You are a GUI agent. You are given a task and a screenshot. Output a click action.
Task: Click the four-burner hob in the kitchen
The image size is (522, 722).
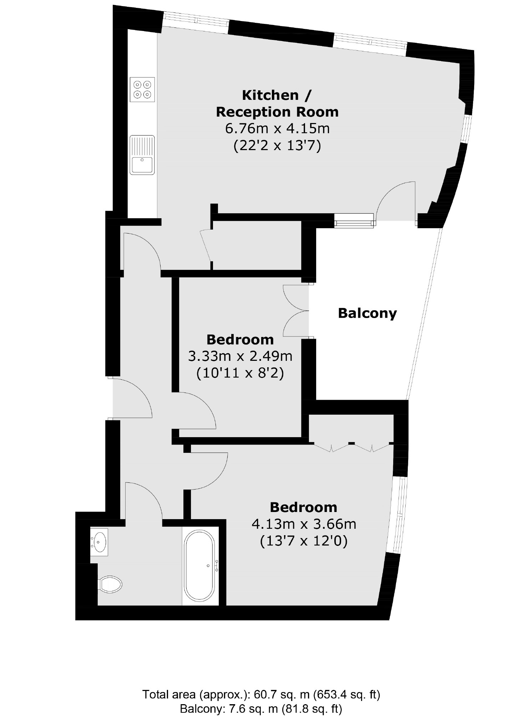click(142, 89)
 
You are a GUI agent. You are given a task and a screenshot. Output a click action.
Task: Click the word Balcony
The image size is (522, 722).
click(367, 313)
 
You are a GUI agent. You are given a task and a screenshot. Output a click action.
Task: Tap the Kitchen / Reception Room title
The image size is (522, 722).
click(277, 103)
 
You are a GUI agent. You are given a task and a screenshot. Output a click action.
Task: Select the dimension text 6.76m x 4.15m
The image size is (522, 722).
click(277, 128)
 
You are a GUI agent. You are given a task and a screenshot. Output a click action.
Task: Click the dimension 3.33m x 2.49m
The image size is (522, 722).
click(240, 356)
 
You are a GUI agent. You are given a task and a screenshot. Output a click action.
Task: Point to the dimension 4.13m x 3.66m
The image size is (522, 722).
click(304, 524)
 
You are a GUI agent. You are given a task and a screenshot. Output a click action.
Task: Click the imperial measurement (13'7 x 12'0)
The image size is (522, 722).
click(304, 541)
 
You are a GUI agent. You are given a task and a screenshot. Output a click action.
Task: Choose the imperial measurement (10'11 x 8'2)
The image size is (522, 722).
click(240, 373)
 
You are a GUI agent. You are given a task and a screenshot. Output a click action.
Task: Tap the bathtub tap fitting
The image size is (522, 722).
click(216, 566)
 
